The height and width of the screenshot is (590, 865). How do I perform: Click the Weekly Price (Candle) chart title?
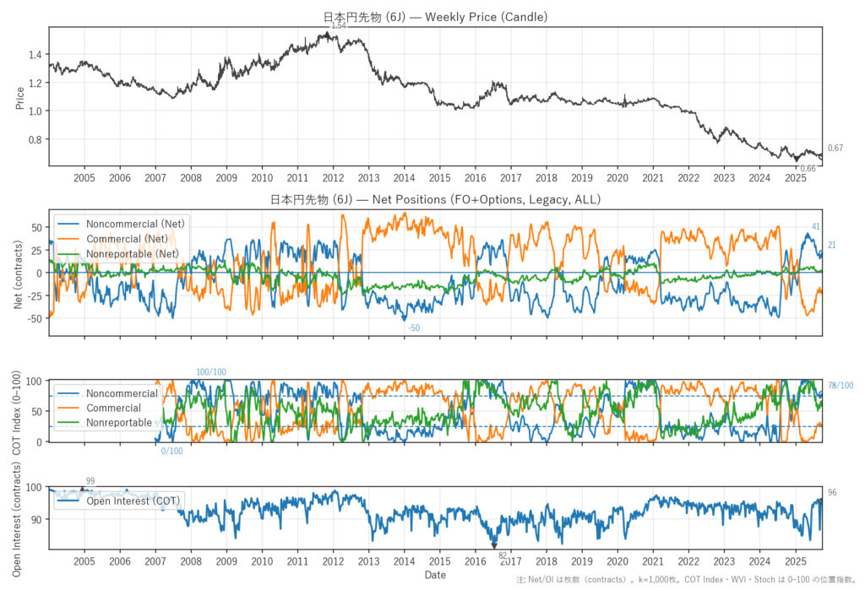coord(435,16)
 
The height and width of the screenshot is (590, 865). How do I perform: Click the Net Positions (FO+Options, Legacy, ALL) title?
coord(435,200)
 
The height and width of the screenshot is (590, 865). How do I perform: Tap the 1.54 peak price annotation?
coord(339,26)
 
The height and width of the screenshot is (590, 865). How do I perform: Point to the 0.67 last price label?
coord(835,149)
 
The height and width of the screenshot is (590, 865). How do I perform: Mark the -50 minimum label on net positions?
coord(414,327)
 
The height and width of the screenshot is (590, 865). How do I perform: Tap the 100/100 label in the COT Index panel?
coord(211,372)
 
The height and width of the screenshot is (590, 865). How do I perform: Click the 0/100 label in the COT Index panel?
coord(171,452)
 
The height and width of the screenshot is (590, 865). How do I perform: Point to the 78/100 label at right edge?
coord(841,386)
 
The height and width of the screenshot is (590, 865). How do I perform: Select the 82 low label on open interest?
coord(503,555)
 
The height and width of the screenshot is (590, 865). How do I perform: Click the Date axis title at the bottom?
coord(435,575)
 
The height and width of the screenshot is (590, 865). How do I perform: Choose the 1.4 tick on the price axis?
coord(34,55)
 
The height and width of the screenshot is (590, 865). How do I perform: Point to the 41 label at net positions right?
coord(816,226)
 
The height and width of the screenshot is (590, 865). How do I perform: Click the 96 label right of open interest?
coord(832,492)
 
